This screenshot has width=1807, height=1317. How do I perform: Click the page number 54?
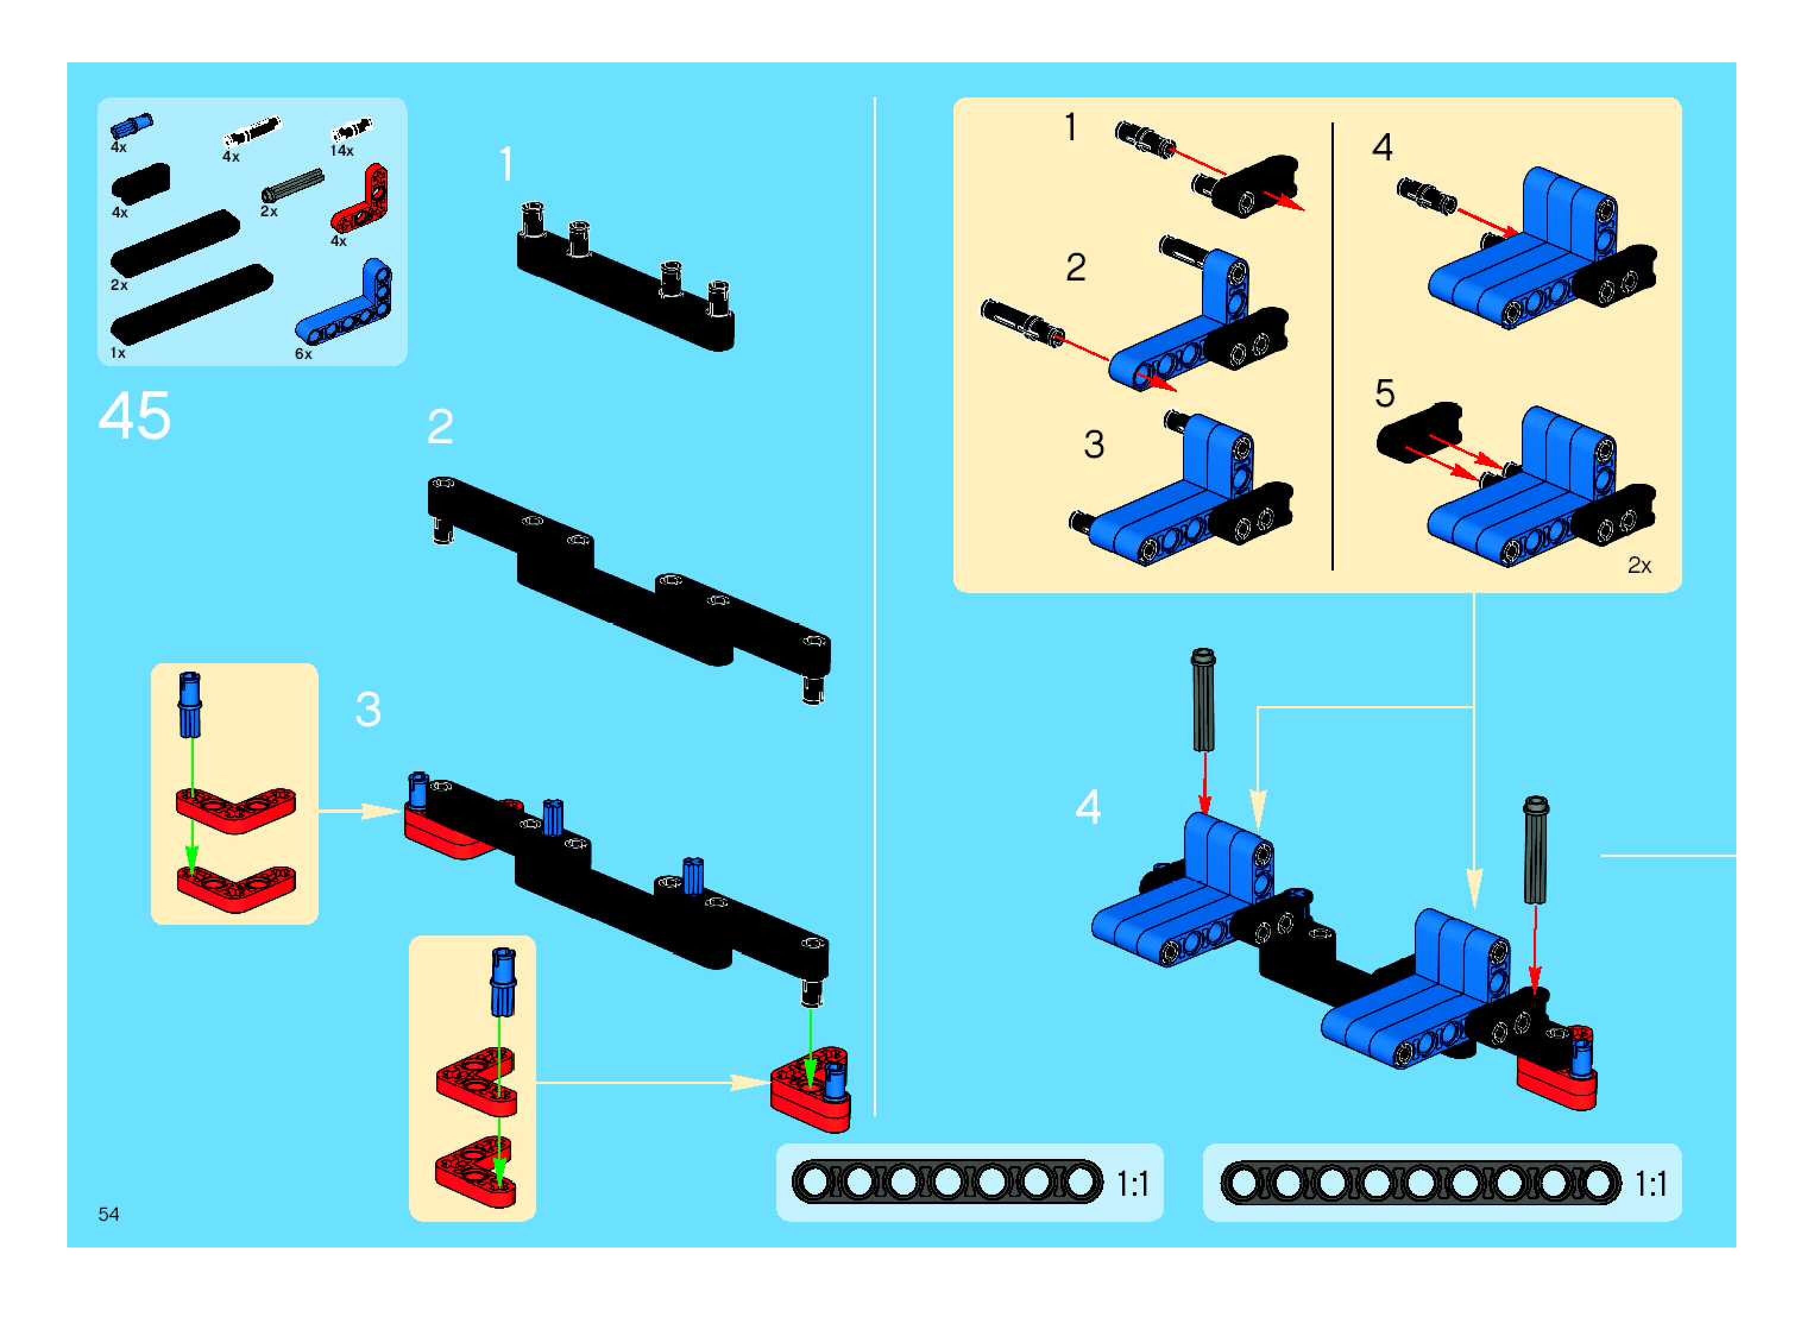108,1214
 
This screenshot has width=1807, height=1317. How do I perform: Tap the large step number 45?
135,415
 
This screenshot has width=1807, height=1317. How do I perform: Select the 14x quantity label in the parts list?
342,151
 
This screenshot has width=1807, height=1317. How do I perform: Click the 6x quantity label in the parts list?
304,354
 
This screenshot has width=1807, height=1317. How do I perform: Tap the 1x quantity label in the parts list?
118,352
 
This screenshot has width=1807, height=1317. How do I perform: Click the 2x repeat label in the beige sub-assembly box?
1639,565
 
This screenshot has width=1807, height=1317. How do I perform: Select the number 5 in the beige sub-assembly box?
1384,393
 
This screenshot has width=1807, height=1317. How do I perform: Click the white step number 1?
506,165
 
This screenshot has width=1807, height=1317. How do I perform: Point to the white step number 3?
367,709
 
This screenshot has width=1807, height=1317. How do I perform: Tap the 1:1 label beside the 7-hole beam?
1132,1184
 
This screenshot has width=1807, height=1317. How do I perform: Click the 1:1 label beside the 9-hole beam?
1651,1184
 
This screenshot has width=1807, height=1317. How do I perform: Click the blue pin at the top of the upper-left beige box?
190,705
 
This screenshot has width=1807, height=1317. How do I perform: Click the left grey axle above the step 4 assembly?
1203,700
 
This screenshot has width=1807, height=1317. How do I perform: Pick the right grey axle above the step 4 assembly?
1536,849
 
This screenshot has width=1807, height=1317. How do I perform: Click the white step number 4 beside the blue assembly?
1088,807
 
